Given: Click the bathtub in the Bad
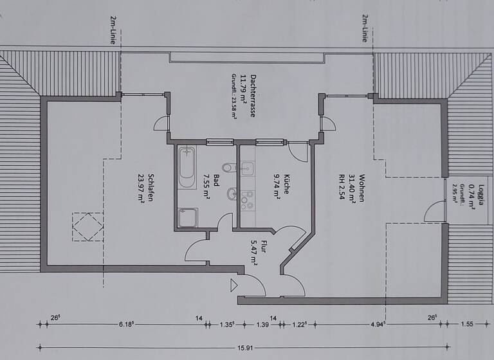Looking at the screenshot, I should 187,167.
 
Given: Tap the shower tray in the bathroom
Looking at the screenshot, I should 188,217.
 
